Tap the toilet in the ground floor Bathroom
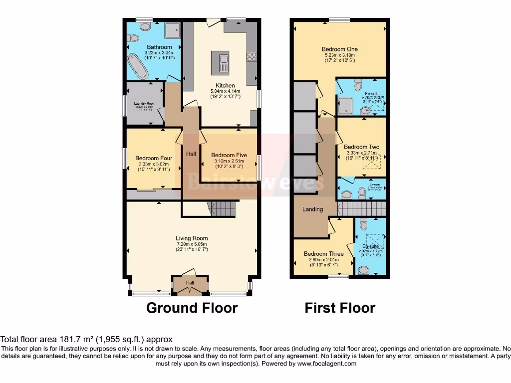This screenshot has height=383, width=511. (133, 38)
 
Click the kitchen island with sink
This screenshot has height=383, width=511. (219, 61)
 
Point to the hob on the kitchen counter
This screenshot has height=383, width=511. (251, 57)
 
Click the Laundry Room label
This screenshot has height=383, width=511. (145, 104)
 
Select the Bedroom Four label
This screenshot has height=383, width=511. (154, 159)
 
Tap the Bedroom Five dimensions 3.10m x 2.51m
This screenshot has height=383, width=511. (229, 161)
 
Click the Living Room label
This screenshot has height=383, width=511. (192, 238)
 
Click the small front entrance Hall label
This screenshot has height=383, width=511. (190, 283)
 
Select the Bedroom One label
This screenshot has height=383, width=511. (339, 49)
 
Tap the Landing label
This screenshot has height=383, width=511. (312, 209)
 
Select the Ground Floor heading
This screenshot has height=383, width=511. (192, 308)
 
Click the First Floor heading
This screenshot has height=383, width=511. (340, 308)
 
